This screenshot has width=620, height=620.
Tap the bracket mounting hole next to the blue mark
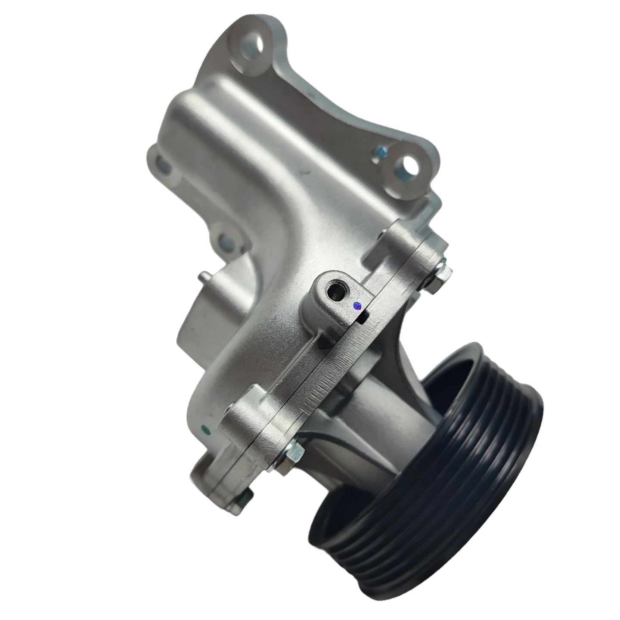coord(405,164)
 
